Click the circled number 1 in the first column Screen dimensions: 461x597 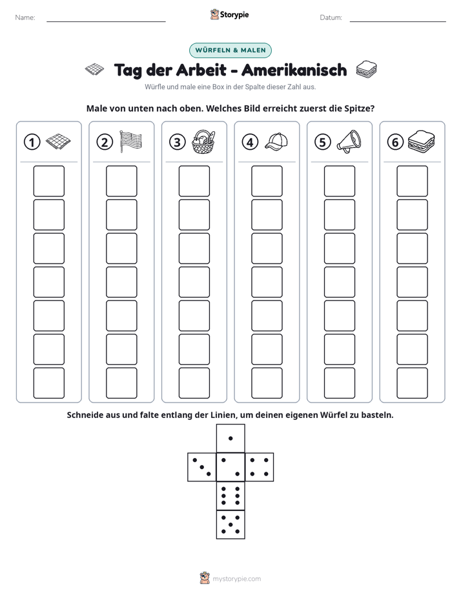pos(32,142)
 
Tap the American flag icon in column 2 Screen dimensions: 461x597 pos(130,141)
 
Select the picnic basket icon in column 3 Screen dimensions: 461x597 pos(203,141)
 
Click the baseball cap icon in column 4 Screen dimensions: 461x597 pos(276,142)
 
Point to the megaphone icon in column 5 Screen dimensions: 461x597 pos(349,141)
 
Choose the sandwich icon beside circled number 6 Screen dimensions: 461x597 pos(421,141)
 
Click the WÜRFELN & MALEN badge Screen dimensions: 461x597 pos(230,50)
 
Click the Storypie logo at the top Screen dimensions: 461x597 pos(230,15)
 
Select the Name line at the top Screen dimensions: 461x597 pos(106,21)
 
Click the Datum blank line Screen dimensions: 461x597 pos(398,21)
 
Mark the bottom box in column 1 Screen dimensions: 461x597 pos(48,383)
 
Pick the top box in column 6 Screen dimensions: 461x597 pos(413,181)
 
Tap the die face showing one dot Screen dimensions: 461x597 pos(230,439)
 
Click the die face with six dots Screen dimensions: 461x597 pos(230,496)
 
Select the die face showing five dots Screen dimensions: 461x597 pos(230,525)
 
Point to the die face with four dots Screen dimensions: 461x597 pos(260,467)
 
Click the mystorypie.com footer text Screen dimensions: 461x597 pos(236,579)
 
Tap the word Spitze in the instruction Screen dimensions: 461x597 pos(359,109)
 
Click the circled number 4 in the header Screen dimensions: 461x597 pos(250,142)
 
